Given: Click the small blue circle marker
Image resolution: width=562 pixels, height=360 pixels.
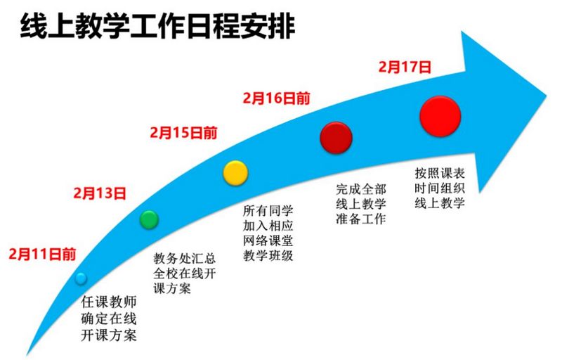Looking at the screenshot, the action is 81,278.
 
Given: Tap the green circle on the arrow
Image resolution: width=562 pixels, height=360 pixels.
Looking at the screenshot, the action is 149,219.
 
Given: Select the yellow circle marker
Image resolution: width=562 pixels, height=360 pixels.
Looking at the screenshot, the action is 235,173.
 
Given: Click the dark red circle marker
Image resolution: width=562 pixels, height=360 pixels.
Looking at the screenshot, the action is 336,138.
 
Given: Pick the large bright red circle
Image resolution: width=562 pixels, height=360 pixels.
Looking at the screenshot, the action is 440,116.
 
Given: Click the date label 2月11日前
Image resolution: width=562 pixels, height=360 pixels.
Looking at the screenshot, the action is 42,255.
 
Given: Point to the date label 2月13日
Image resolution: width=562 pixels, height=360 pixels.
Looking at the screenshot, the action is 100,193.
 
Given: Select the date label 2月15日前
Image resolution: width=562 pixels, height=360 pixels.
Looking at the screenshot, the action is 183,133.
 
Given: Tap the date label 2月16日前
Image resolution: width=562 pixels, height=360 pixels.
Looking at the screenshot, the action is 276,98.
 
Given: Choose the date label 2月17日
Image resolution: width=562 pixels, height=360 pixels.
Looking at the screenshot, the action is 405,67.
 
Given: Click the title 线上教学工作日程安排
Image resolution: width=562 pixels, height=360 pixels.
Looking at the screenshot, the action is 157,26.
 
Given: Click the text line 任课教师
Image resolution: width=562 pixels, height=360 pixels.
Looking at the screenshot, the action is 109,302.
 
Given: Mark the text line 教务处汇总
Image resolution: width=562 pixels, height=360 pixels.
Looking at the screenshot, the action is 184,258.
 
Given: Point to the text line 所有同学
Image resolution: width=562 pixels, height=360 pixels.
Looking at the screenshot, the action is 268,210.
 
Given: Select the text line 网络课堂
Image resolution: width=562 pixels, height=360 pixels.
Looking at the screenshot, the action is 268,240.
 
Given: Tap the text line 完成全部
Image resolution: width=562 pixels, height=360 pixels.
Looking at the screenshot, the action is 361,189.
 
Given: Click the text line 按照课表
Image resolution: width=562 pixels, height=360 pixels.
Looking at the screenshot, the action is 440,173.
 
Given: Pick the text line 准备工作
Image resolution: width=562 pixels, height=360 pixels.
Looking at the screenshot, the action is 361,219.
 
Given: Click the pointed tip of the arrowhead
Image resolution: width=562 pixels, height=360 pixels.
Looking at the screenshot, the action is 546,96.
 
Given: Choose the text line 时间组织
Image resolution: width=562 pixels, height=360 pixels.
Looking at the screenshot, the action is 440,188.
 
